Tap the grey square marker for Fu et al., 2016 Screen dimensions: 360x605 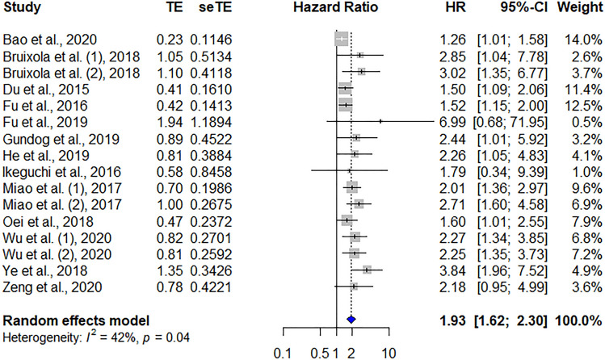point(345,106)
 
